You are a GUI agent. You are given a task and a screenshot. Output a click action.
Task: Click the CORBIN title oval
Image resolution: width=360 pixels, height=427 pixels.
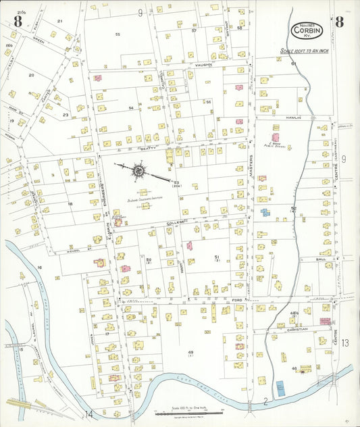[307, 30]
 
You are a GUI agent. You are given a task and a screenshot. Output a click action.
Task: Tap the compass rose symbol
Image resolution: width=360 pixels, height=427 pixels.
[138, 171]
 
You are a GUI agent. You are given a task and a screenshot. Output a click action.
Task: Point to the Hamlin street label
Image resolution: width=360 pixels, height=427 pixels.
[293, 118]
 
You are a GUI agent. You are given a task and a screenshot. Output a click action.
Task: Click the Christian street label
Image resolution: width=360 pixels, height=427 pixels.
[297, 329]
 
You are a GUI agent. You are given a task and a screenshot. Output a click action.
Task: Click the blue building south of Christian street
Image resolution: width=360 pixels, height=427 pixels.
[280, 388]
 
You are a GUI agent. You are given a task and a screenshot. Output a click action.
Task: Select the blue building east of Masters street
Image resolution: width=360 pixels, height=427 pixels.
[265, 212]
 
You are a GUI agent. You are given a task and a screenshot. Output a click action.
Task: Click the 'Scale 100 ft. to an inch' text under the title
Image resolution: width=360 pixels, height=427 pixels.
[304, 51]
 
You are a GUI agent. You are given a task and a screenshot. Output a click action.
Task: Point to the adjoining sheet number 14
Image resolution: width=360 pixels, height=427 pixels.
[88, 413]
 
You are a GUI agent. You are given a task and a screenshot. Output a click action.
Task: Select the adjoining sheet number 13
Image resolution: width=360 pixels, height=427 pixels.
[344, 343]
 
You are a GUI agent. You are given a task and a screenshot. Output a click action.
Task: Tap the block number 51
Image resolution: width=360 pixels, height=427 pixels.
[216, 257]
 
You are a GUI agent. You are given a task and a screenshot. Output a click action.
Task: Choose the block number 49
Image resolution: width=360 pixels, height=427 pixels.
[190, 353]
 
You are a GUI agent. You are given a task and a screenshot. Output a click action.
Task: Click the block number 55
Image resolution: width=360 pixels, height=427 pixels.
[118, 34]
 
